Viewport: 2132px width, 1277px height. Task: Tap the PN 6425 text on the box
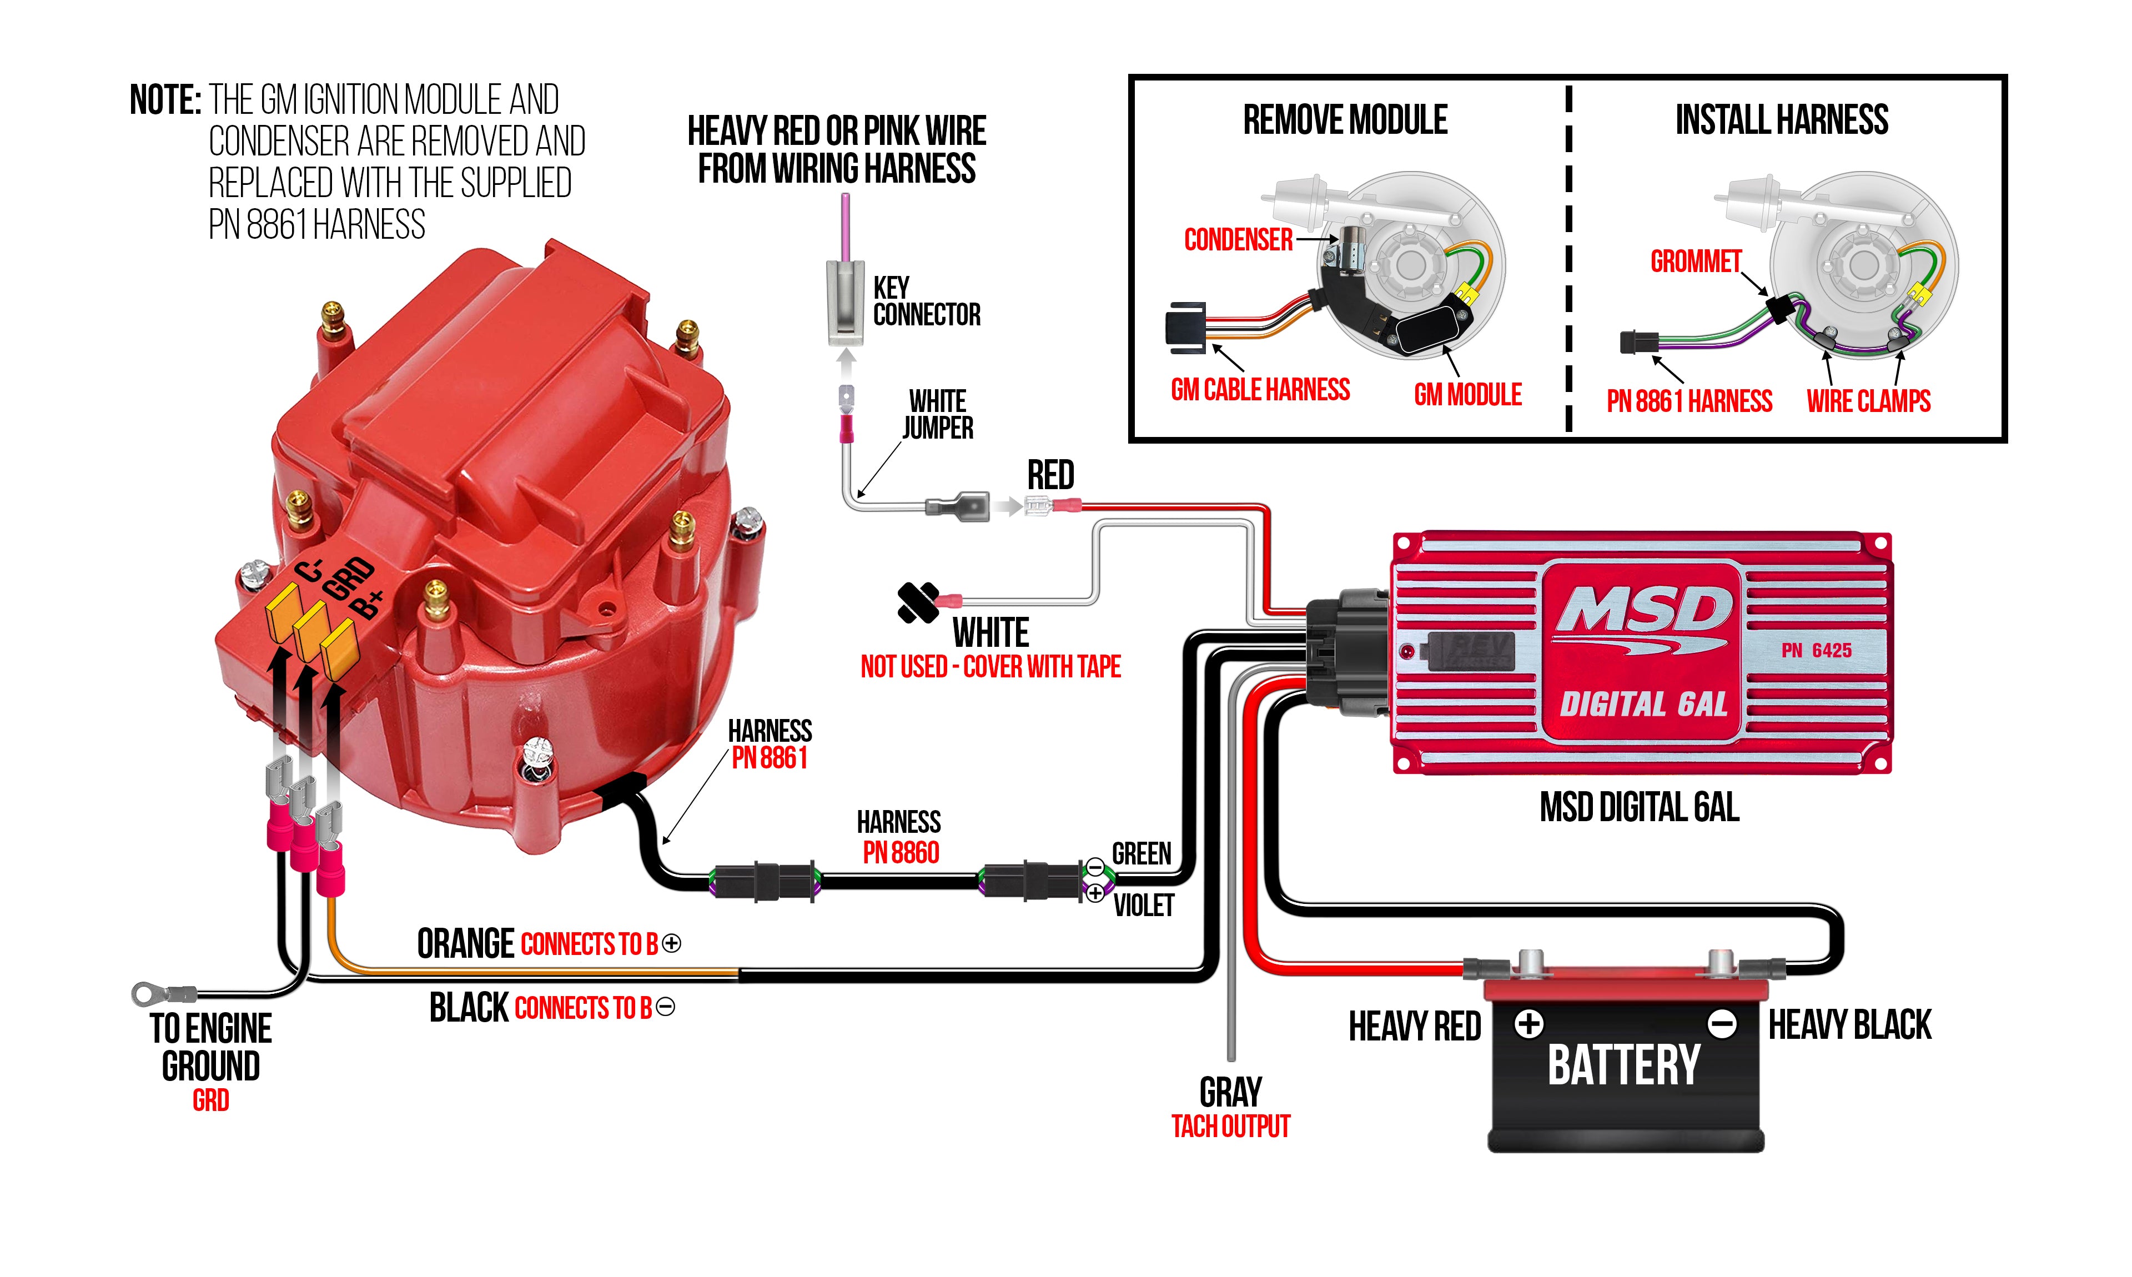1816,651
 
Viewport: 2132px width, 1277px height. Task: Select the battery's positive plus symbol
1529,1024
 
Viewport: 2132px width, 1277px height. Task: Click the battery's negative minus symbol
1722,1024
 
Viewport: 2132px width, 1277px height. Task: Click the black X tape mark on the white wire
917,602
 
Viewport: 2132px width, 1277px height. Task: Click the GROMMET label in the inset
1695,261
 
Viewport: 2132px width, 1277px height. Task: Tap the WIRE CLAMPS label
1868,401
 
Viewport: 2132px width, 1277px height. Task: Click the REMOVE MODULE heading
1345,119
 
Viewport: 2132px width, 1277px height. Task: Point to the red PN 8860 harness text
901,853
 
